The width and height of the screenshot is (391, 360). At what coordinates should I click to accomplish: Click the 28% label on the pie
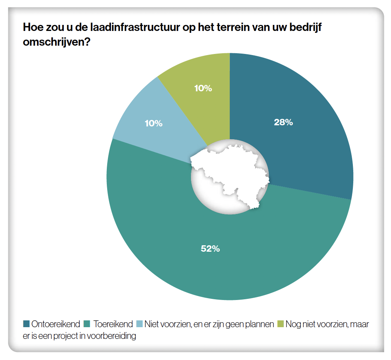coord(283,122)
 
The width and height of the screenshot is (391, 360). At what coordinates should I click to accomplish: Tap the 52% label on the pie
coord(210,248)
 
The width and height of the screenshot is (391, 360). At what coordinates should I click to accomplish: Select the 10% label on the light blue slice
coord(154,123)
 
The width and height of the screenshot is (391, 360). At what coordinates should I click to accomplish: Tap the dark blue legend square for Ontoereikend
coord(26,324)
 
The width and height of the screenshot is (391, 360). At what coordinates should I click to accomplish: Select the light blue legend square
coord(139,324)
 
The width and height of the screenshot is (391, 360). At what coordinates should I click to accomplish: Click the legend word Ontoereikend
coord(56,324)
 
